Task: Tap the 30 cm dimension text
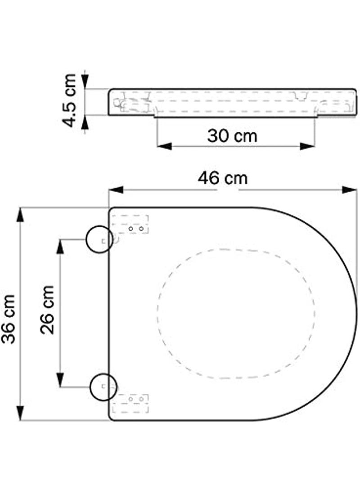pos(232,135)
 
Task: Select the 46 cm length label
pos(223,178)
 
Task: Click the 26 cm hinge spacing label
pos(47,310)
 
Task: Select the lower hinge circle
pos(103,387)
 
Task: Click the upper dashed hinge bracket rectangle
pos(130,225)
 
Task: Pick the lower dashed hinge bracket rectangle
pos(130,403)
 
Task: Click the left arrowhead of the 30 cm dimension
pos(164,146)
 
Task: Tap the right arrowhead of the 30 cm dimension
pos(307,146)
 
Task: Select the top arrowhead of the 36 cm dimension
pos(20,215)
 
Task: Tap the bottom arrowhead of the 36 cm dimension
pos(20,413)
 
